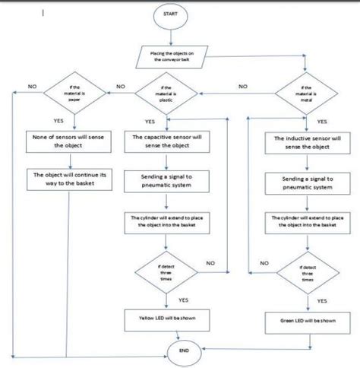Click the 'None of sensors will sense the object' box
tap(71, 141)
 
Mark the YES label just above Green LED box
tap(322, 300)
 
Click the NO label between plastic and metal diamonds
tap(242, 87)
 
